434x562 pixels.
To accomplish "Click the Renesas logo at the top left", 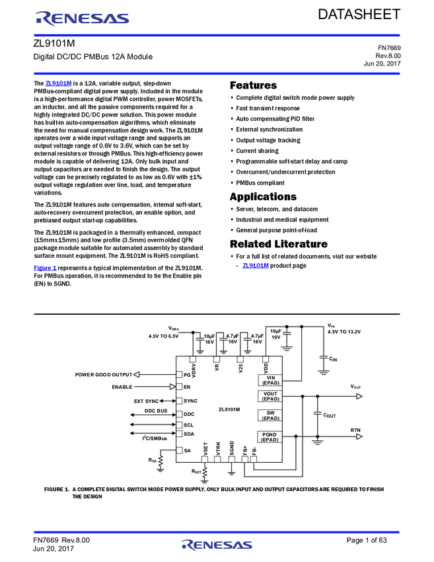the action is (x=83, y=19).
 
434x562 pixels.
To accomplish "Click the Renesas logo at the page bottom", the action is (x=217, y=545).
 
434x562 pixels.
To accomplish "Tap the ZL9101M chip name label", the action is (x=229, y=409).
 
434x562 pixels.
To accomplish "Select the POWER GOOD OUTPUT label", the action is (x=104, y=374).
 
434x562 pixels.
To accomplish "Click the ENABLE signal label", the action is (x=122, y=387).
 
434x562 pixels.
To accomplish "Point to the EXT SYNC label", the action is (x=147, y=401).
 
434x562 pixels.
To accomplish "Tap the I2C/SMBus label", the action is (x=155, y=438).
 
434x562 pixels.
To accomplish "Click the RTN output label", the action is (x=356, y=430).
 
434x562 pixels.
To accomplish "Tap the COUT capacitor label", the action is (x=329, y=415).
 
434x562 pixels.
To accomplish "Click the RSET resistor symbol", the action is (x=205, y=472).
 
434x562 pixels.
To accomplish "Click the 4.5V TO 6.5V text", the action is (x=164, y=336).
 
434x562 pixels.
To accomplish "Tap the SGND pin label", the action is (x=232, y=448).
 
